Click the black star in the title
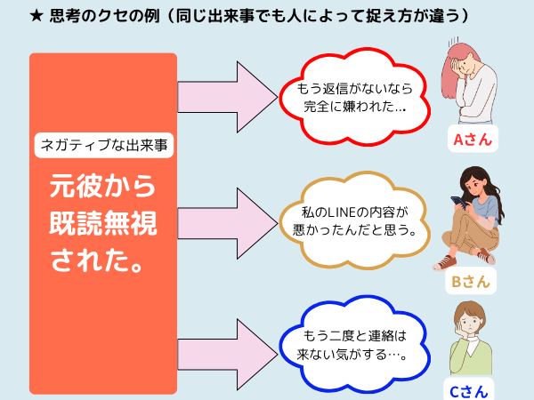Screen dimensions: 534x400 click(x=36, y=16)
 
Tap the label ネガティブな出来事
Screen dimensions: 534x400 click(x=104, y=145)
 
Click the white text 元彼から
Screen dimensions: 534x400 click(x=102, y=186)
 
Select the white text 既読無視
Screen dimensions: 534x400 click(x=103, y=223)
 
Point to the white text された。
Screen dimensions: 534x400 click(x=96, y=260)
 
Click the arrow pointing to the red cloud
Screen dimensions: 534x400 click(x=228, y=97)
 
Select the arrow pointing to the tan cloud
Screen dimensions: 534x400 click(x=228, y=223)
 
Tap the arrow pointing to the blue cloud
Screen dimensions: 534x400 click(x=228, y=355)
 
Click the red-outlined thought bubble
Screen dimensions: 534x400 click(x=354, y=97)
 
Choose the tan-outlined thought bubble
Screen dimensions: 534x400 click(x=354, y=221)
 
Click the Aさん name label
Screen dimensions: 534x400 click(x=473, y=139)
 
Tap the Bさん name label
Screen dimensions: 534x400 click(x=471, y=281)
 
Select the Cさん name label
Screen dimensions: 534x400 click(x=469, y=390)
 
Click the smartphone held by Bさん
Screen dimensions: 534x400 click(x=458, y=203)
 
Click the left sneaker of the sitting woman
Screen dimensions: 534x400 click(x=445, y=263)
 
